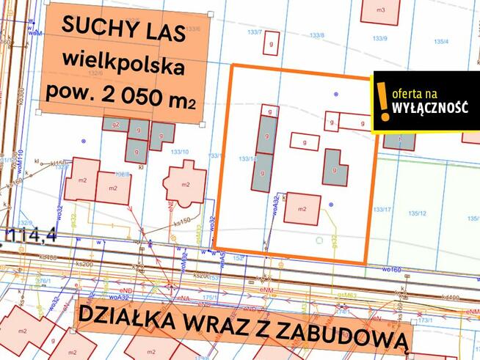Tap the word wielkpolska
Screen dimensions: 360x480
(x=123, y=62)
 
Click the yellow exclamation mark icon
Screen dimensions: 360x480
(x=382, y=101)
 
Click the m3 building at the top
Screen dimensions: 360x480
(x=380, y=10)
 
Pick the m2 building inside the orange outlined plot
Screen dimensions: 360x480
(x=302, y=208)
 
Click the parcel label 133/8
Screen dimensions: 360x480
(x=316, y=34)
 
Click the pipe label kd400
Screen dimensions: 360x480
(x=451, y=297)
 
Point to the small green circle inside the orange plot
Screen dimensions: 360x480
(x=319, y=239)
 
